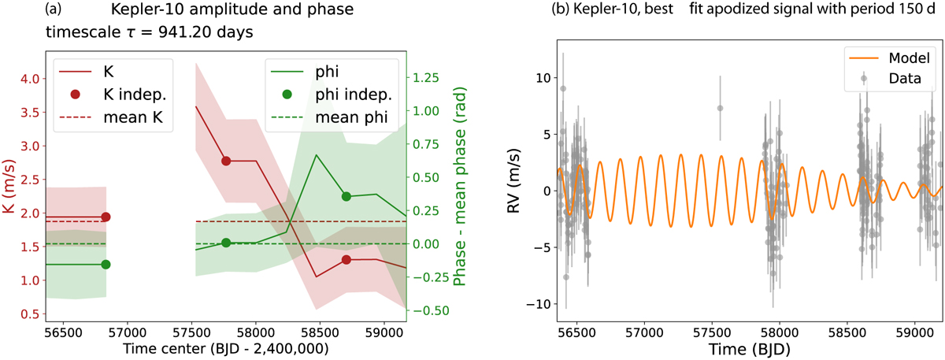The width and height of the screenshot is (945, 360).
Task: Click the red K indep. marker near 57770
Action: point(226,161)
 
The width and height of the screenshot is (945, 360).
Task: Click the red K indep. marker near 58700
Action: point(346,260)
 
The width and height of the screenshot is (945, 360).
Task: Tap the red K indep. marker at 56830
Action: point(106,217)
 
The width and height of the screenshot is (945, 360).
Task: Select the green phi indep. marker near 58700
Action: point(346,196)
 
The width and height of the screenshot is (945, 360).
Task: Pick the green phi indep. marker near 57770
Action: point(226,243)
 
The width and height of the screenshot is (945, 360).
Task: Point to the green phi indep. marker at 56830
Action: point(106,265)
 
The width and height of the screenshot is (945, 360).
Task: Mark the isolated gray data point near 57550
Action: point(720,108)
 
